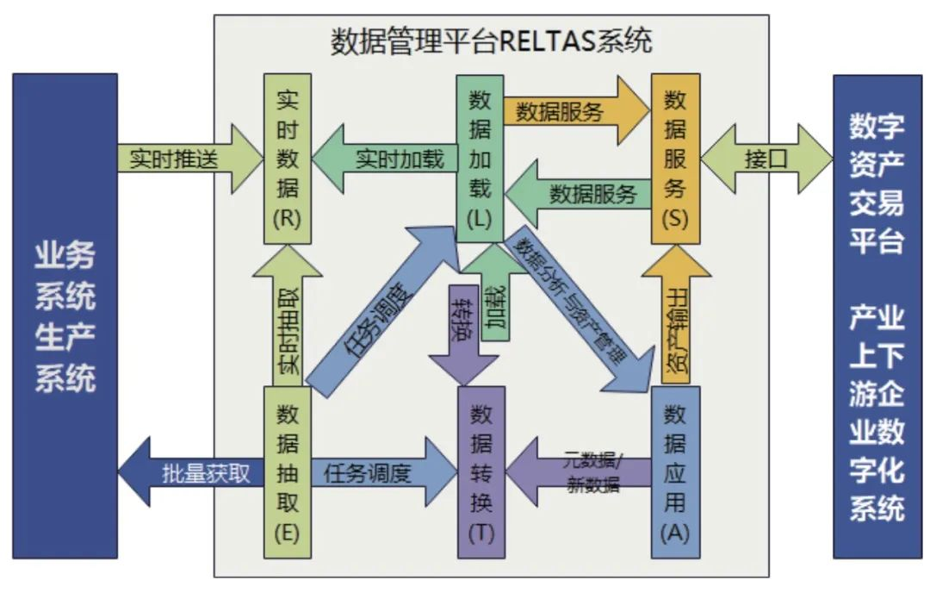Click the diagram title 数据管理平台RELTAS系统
click(492, 41)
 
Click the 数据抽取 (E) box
click(287, 473)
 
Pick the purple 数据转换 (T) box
click(481, 473)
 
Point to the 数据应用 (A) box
click(675, 473)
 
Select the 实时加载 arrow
click(387, 159)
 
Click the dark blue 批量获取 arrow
click(194, 473)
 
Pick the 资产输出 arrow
click(677, 319)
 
